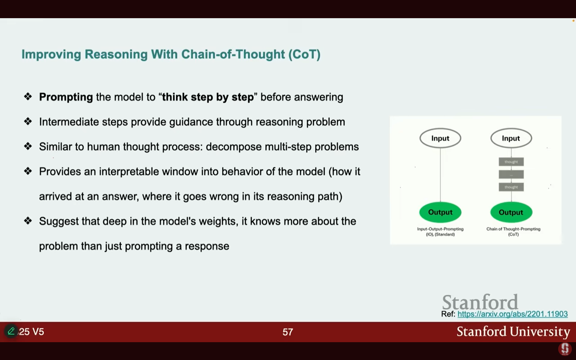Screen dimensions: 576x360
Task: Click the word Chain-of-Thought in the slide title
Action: coord(233,54)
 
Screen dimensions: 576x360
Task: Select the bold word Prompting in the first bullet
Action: coord(66,97)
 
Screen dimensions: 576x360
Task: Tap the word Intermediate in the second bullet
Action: coord(69,122)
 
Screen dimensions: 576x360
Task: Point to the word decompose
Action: coord(233,147)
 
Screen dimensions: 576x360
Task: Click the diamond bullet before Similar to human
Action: coord(28,146)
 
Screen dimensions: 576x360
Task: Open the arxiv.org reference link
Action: coord(513,314)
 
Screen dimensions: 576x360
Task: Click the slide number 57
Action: coord(288,332)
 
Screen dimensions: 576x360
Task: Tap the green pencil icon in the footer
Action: coord(11,331)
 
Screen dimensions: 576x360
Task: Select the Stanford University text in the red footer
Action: coord(513,332)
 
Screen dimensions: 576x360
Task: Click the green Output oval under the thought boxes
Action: coord(511,213)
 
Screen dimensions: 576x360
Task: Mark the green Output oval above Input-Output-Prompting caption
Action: coord(440,213)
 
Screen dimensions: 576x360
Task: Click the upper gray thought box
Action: coord(511,162)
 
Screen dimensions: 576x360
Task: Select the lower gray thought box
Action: coord(511,187)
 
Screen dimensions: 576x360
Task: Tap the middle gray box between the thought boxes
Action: coord(511,174)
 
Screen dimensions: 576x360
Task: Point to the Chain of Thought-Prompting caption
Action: coord(513,231)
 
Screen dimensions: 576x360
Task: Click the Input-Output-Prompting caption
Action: coord(440,231)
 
